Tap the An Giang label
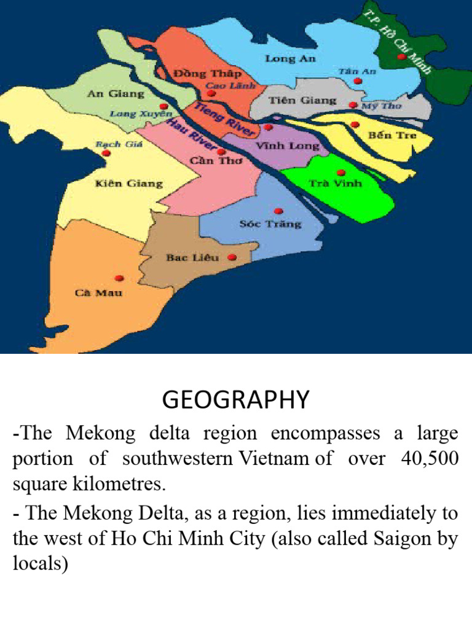click(x=116, y=94)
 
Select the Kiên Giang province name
click(x=129, y=183)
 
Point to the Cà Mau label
click(x=98, y=292)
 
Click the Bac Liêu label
click(x=192, y=257)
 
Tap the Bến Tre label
click(x=391, y=135)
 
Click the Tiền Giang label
click(x=302, y=100)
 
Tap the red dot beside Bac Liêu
click(x=232, y=257)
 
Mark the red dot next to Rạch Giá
click(x=106, y=154)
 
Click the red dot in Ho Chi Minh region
click(x=401, y=57)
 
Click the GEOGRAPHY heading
click(x=235, y=400)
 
